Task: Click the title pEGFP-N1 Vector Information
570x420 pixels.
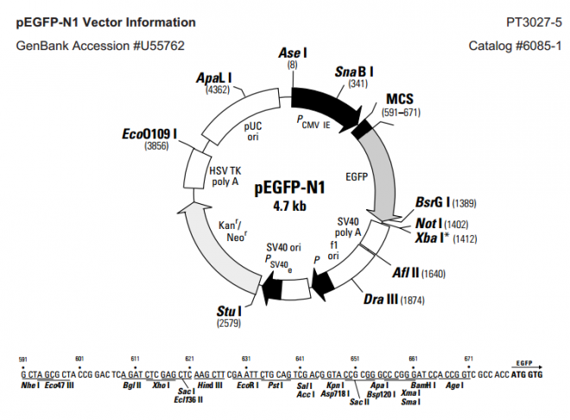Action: [x=105, y=22]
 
